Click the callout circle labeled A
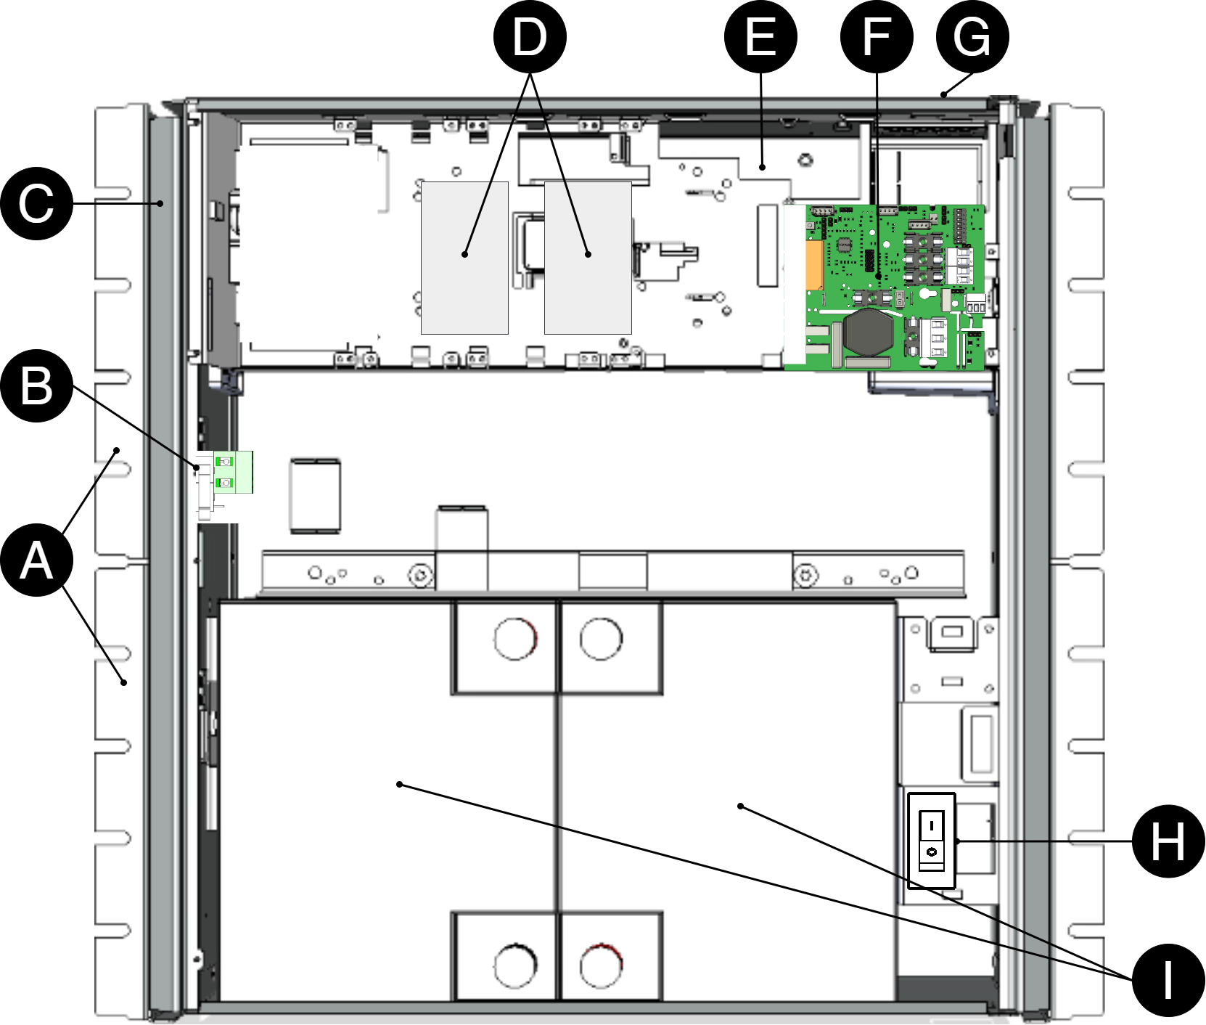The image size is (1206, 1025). point(36,560)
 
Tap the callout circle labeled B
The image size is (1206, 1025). point(36,385)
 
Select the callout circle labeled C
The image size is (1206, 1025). point(36,203)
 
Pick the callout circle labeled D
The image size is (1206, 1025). point(530,37)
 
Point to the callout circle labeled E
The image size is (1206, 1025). point(760,37)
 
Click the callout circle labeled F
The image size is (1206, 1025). point(877,37)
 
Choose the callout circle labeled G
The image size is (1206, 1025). point(972,37)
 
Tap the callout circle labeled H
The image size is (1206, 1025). point(1169,841)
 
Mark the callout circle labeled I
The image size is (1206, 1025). point(1169,981)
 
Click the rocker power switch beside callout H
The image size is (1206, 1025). point(932,841)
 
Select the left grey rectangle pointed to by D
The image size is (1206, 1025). point(464,258)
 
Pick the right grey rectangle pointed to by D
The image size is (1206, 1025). point(588,258)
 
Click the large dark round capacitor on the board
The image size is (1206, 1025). point(869,332)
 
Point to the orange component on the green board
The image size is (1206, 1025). point(814,265)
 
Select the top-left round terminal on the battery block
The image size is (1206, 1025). point(515,639)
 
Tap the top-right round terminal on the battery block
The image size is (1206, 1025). point(601,639)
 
